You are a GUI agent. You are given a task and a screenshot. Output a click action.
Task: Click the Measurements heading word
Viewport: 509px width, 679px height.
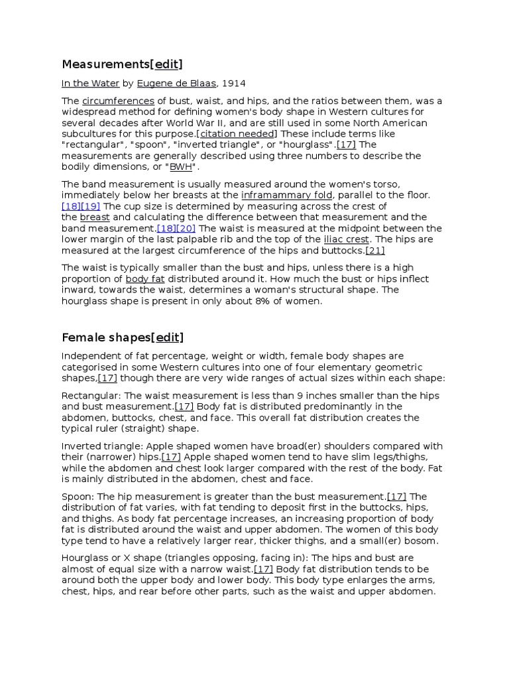pos(105,64)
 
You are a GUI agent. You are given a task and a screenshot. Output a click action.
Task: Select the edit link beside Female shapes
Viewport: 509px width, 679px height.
pos(167,338)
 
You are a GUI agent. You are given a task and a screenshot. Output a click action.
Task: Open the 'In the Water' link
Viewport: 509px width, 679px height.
pos(90,84)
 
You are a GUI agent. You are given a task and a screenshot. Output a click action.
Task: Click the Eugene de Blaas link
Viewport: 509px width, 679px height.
pos(176,84)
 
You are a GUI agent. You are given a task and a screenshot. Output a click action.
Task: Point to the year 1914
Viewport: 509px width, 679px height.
pos(233,84)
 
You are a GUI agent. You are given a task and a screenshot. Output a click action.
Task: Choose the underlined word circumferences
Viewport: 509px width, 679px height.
pos(118,101)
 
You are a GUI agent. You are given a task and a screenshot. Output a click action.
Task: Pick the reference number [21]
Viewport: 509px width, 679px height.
pos(375,251)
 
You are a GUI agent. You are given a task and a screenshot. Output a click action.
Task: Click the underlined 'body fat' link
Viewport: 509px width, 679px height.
pos(144,279)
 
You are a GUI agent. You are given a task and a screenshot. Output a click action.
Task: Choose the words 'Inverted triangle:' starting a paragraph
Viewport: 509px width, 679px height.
pos(102,446)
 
